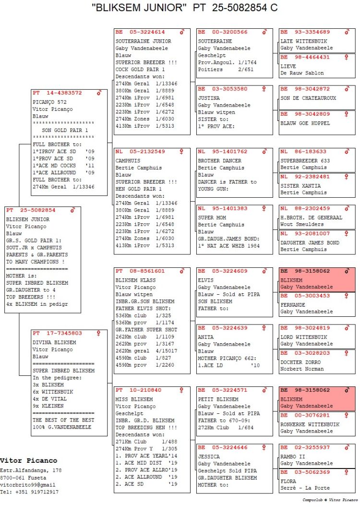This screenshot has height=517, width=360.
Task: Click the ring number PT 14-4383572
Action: [x=57, y=93]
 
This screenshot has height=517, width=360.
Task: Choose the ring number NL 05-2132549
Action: [x=140, y=151]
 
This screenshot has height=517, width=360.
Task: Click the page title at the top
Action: [x=185, y=8]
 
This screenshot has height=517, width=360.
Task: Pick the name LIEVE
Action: [x=288, y=66]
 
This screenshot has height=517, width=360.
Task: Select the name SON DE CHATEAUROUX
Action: [x=308, y=98]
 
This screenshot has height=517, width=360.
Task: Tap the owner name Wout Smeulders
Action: [x=302, y=224]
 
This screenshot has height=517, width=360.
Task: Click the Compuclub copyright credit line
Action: [x=330, y=500]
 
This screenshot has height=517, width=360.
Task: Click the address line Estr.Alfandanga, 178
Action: [x=31, y=470]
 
